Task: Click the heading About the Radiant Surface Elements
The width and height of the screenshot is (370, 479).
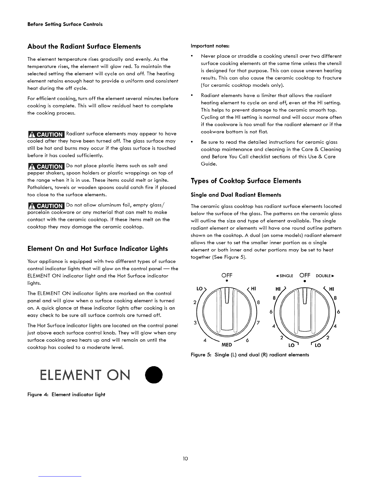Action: pos(84,47)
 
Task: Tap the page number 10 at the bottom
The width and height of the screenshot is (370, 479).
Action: pos(185,459)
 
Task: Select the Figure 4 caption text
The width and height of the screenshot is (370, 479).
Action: pos(66,394)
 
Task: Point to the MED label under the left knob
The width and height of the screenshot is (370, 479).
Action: pos(227,345)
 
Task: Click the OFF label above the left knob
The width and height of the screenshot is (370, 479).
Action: pos(227,275)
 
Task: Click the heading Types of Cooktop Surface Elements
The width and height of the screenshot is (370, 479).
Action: pos(246,181)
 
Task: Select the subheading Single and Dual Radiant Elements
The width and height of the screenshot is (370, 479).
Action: pos(236,195)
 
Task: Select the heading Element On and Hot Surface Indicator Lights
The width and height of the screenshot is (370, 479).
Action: pos(97,249)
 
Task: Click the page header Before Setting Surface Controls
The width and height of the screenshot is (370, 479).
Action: pos(65,24)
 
